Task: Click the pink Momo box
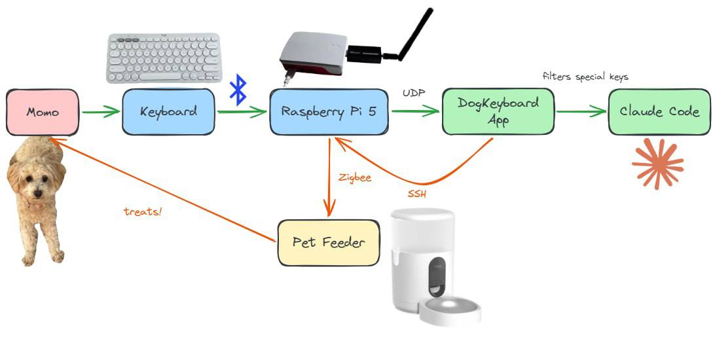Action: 43,112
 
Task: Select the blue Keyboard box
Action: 168,112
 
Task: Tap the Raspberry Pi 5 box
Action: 329,112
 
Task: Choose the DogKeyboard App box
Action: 498,111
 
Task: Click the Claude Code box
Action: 659,112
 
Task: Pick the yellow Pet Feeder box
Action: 328,243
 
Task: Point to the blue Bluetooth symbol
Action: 238,90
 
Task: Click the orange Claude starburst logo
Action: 657,164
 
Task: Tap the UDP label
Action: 414,94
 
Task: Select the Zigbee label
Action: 355,177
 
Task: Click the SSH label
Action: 417,194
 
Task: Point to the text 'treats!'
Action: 142,211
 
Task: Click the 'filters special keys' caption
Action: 585,77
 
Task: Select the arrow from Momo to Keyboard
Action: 101,112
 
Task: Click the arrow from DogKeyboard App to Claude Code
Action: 581,112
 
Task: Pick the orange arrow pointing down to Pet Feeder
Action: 329,177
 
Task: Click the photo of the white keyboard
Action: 164,58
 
